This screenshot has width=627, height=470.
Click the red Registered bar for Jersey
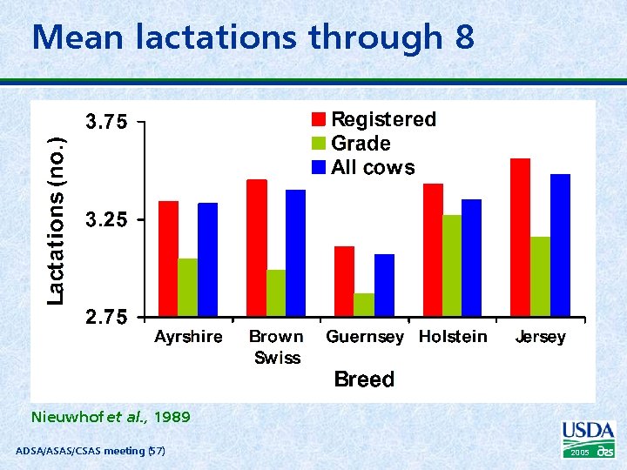[520, 237]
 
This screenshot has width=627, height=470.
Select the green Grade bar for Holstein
[452, 265]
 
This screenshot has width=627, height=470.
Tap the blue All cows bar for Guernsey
[384, 285]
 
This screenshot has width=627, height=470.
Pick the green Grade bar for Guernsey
[364, 305]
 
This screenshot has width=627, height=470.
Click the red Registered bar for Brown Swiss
[257, 247]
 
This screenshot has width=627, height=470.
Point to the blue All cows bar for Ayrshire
[207, 259]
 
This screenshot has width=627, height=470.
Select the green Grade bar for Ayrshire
[187, 287]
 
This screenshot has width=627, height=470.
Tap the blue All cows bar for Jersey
[560, 245]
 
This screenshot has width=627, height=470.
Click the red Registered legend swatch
[320, 119]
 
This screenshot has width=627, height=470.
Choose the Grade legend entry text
[361, 144]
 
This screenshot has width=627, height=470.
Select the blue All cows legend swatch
[320, 167]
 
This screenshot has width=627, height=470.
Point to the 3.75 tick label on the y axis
[105, 123]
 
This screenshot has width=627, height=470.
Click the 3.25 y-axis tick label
[105, 221]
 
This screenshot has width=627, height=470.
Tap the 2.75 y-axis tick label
[105, 318]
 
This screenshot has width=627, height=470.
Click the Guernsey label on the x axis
[365, 337]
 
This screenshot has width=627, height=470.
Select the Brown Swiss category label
[276, 346]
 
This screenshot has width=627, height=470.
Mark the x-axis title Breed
[364, 379]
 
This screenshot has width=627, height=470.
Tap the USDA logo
[589, 439]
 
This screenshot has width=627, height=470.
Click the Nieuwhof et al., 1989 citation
[110, 417]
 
